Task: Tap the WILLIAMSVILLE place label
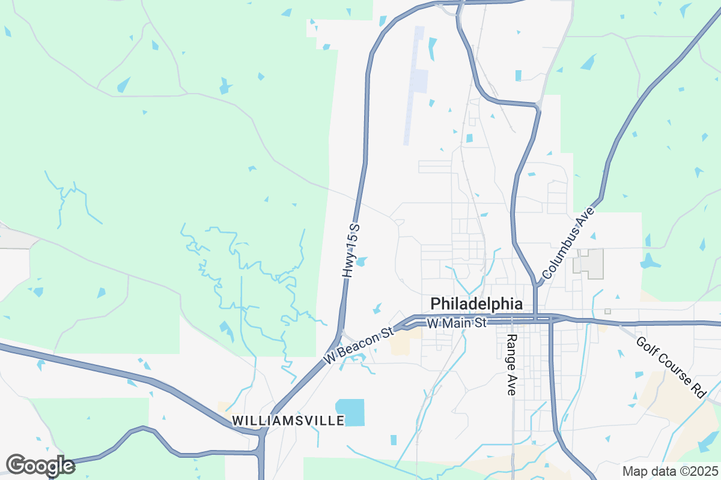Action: tap(288, 420)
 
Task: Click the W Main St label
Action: tap(456, 323)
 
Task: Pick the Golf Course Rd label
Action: tap(671, 367)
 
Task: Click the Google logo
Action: tap(40, 466)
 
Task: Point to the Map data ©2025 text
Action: tap(669, 472)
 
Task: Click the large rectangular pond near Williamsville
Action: tap(350, 412)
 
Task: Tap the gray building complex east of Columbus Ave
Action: tap(589, 263)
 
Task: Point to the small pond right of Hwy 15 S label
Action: tap(362, 261)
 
